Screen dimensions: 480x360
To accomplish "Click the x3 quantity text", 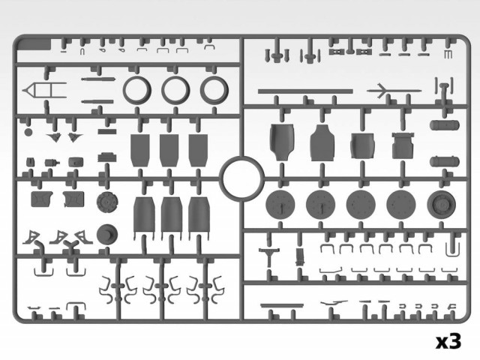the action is pyautogui.click(x=448, y=342).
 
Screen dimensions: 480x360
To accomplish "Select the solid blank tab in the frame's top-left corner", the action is pyautogui.click(x=34, y=44).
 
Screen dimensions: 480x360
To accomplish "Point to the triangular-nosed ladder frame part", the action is pyautogui.click(x=44, y=90).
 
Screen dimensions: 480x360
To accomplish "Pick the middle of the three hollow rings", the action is pyautogui.click(x=175, y=90).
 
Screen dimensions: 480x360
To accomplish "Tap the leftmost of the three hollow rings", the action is pyautogui.click(x=136, y=90).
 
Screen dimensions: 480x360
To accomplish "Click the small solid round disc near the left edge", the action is pyautogui.click(x=28, y=133).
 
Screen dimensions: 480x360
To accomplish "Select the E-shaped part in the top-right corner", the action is pyautogui.click(x=448, y=55).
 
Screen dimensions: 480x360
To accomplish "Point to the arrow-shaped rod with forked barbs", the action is pyautogui.click(x=394, y=91).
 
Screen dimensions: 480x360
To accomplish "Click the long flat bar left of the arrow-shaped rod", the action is pyautogui.click(x=305, y=91).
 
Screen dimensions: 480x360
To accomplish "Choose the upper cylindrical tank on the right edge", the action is pyautogui.click(x=445, y=125).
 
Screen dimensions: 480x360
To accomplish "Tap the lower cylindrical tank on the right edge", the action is pyautogui.click(x=445, y=162).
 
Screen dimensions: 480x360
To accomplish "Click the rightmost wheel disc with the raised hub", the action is pyautogui.click(x=442, y=205).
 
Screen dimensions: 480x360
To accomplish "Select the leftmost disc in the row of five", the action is pyautogui.click(x=280, y=205).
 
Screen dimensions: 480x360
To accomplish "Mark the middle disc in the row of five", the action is pyautogui.click(x=361, y=205).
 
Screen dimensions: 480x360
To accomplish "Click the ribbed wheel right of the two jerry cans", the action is pyautogui.click(x=107, y=202).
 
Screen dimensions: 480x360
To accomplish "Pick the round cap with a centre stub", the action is pyautogui.click(x=107, y=235).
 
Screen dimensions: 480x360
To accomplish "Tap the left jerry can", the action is pyautogui.click(x=42, y=199).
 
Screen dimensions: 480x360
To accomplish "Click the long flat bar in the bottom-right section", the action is pyautogui.click(x=282, y=305).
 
